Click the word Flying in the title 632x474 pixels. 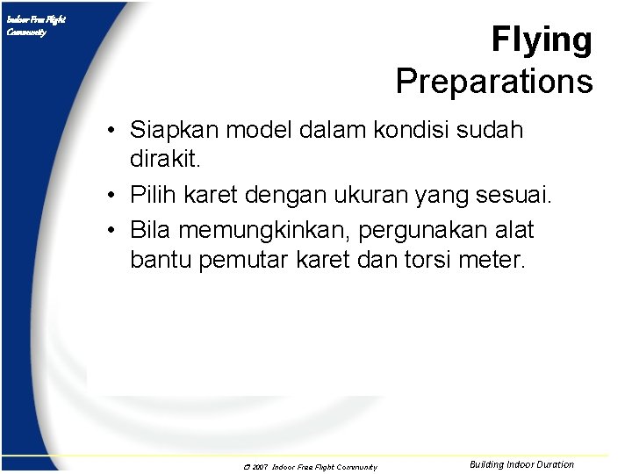542,40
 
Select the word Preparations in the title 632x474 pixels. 494,82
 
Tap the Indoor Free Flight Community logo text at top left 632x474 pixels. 36,25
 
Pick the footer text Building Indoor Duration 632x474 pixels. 521,464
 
